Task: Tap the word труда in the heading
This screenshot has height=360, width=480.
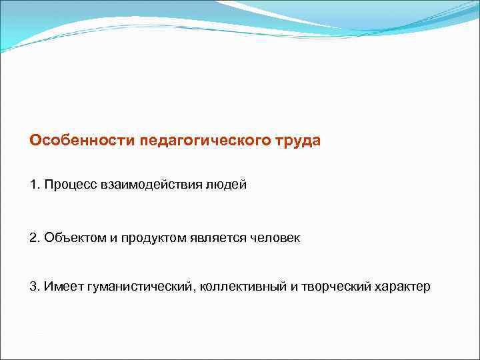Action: click(297, 141)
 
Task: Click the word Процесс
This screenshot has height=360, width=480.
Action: click(68, 185)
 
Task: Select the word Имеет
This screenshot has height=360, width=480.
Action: click(63, 287)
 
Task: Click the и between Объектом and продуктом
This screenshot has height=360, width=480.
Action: click(109, 238)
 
